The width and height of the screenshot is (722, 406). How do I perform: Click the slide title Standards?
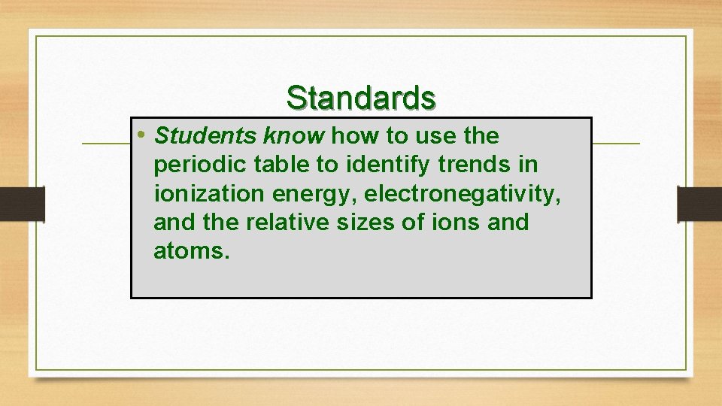(x=361, y=98)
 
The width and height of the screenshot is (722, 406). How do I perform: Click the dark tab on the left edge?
(x=22, y=204)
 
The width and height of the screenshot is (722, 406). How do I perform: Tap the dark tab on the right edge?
(x=699, y=204)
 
